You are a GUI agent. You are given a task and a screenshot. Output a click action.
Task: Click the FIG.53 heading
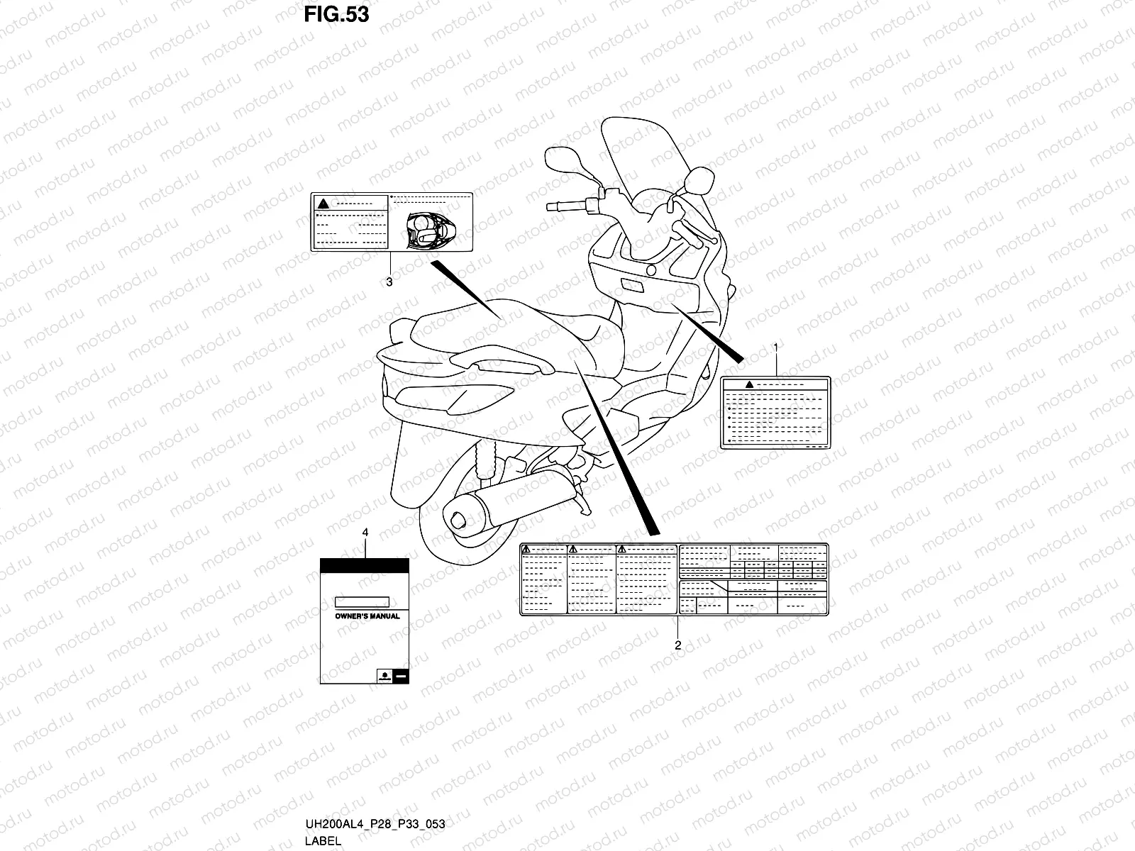336,14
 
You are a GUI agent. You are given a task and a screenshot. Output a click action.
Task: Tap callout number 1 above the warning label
775,347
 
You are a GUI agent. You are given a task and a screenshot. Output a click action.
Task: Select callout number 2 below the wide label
677,645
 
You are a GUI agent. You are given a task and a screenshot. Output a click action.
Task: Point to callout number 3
389,282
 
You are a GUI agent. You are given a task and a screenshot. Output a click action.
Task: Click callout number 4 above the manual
365,531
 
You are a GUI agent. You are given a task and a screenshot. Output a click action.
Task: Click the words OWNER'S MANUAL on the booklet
367,616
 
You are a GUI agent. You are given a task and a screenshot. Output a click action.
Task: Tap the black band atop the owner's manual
365,565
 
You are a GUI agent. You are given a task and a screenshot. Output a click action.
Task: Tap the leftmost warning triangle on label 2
526,550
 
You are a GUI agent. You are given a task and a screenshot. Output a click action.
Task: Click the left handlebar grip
565,206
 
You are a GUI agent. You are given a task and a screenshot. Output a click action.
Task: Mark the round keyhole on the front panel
650,271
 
